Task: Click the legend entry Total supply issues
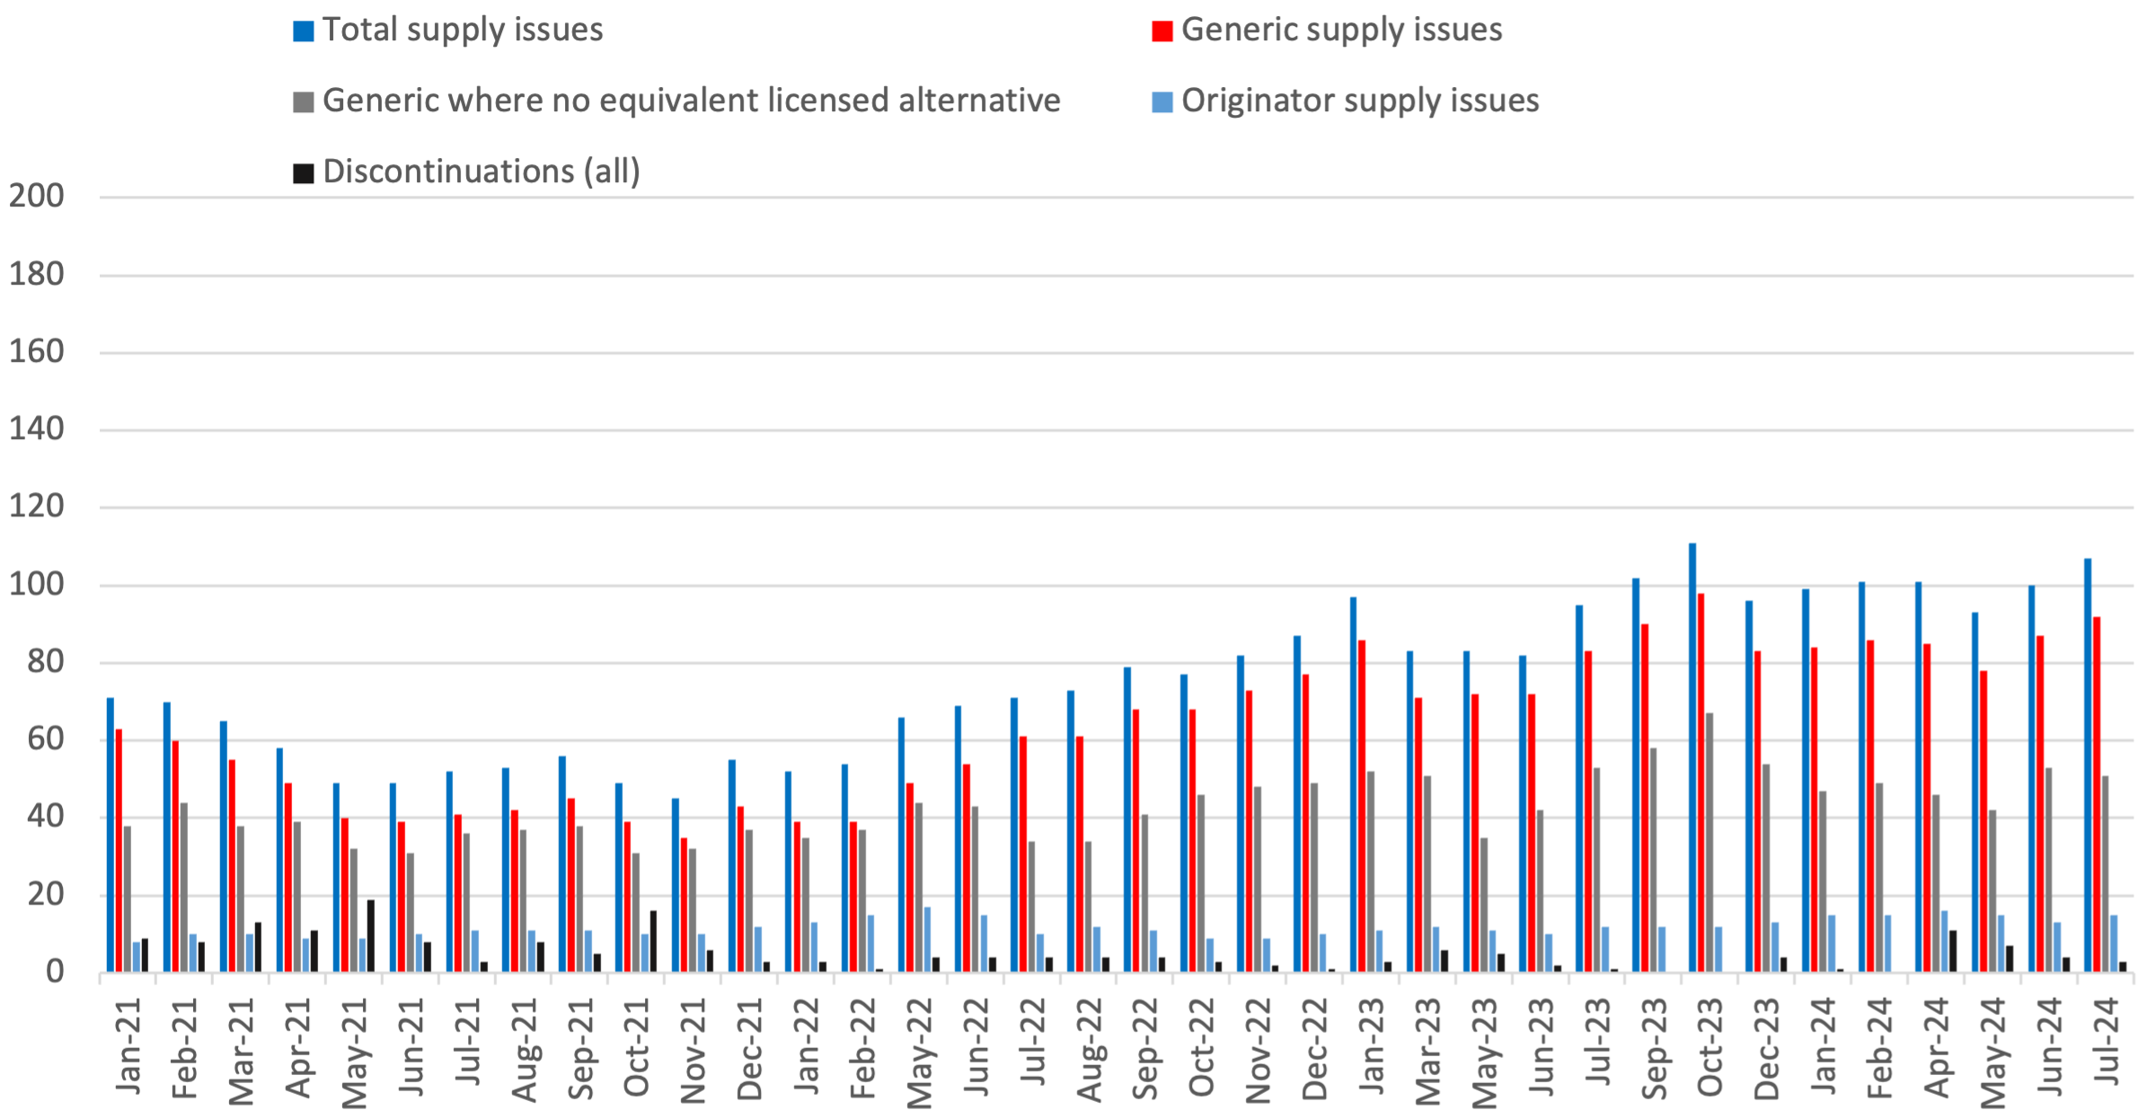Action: pos(462,30)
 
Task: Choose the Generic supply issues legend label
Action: pos(1341,30)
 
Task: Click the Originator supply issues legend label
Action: pos(1359,101)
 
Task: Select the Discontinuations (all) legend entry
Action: pos(481,172)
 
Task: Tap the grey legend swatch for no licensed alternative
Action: pos(304,101)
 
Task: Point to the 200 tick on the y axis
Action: pos(37,196)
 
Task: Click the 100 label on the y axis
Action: pos(37,585)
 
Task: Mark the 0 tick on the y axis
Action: pos(55,972)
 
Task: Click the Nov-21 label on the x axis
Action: pos(694,1051)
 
